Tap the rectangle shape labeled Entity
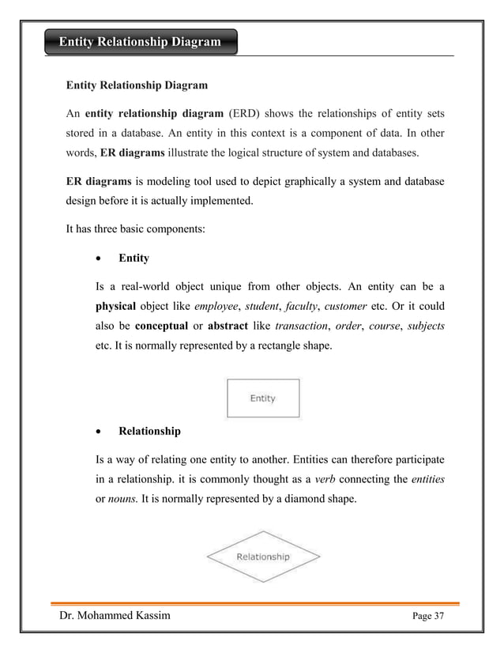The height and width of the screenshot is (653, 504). point(262,398)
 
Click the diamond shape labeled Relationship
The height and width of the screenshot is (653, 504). point(263,557)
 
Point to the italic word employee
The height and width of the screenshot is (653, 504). point(216,307)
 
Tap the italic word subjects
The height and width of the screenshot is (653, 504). point(424,326)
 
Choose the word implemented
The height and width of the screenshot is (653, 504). point(217,201)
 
